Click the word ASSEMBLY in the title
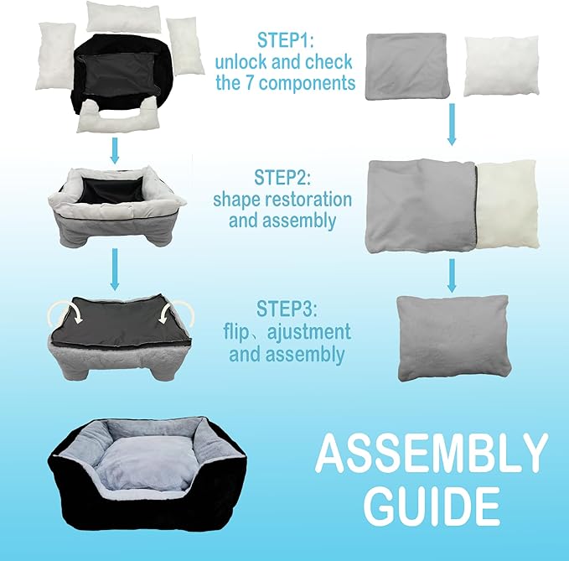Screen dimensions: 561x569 point(432,455)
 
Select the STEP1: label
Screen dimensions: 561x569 point(286,40)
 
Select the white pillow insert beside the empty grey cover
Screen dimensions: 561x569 point(500,66)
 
